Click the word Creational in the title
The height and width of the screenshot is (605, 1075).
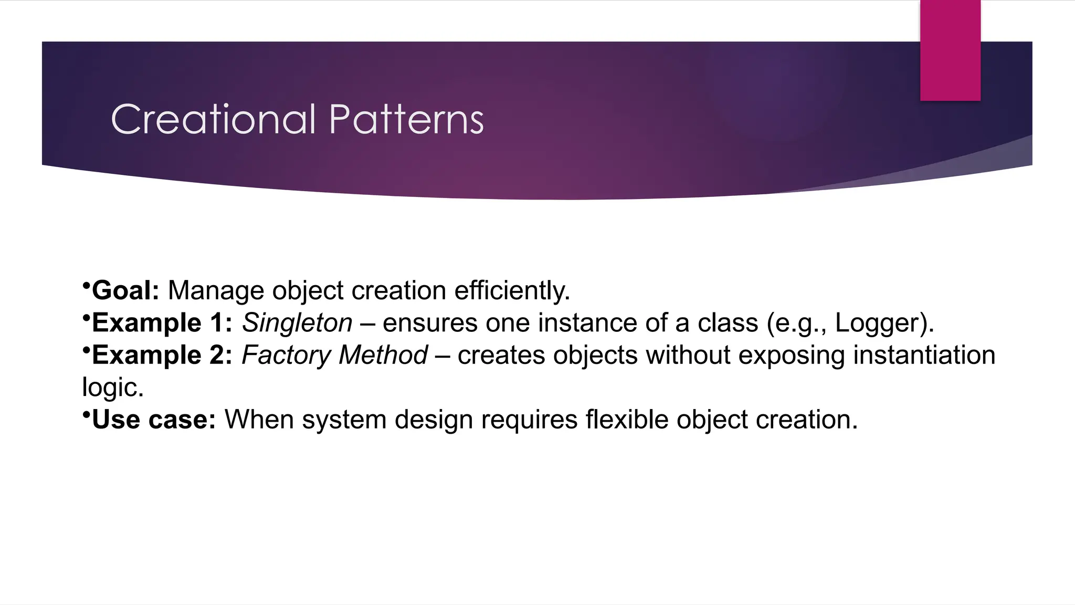tap(213, 119)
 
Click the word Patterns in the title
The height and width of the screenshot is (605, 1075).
tap(406, 119)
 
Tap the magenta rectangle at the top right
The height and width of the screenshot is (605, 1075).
tap(950, 50)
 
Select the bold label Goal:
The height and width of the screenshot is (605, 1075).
tap(125, 290)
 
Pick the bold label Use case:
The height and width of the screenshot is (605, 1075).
tap(154, 420)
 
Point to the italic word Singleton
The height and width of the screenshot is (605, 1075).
tap(297, 322)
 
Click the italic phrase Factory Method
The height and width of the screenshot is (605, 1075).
tap(334, 355)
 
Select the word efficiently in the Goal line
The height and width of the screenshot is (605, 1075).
tap(512, 290)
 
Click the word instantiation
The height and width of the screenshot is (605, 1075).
tap(924, 355)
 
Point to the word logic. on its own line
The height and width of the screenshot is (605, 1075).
tap(113, 388)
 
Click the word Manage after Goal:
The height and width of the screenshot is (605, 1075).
tap(215, 290)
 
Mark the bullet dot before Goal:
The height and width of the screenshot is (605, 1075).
tap(86, 285)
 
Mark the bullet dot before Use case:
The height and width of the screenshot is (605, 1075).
tap(86, 414)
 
